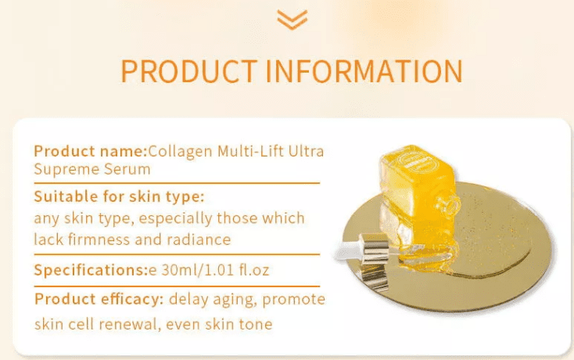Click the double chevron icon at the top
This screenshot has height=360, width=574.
coord(292,19)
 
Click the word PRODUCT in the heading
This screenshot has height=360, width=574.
coord(188,70)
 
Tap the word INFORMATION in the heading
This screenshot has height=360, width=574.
coord(364,70)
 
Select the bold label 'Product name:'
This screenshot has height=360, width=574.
coord(90,150)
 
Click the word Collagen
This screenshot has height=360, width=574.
coord(177,150)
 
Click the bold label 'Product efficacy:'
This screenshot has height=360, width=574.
coord(99,300)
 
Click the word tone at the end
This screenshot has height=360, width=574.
coord(255,324)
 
